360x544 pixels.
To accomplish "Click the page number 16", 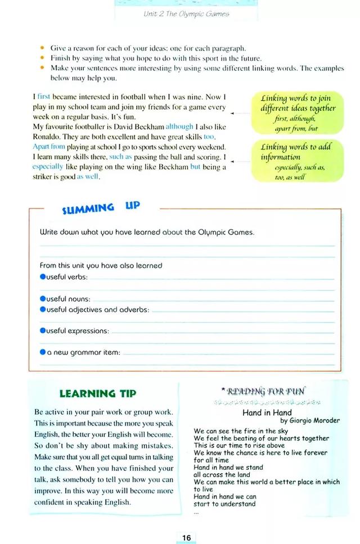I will coord(186,537).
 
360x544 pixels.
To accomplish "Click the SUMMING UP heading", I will coord(101,208).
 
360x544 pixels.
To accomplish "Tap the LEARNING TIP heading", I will coord(97,393).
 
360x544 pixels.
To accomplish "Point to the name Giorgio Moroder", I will coord(310,420).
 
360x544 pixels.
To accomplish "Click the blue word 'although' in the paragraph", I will coord(179,126).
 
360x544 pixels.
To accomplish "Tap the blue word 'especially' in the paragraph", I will coord(48,167).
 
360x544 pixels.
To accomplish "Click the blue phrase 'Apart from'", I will coord(49,147).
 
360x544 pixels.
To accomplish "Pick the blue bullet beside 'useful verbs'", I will coord(42,276).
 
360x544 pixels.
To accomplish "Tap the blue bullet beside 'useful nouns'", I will coord(42,299).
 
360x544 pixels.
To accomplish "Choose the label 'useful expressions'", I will coord(78,331).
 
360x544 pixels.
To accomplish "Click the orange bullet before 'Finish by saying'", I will coord(42,58).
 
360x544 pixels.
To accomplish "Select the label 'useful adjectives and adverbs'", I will coord(97,310).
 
